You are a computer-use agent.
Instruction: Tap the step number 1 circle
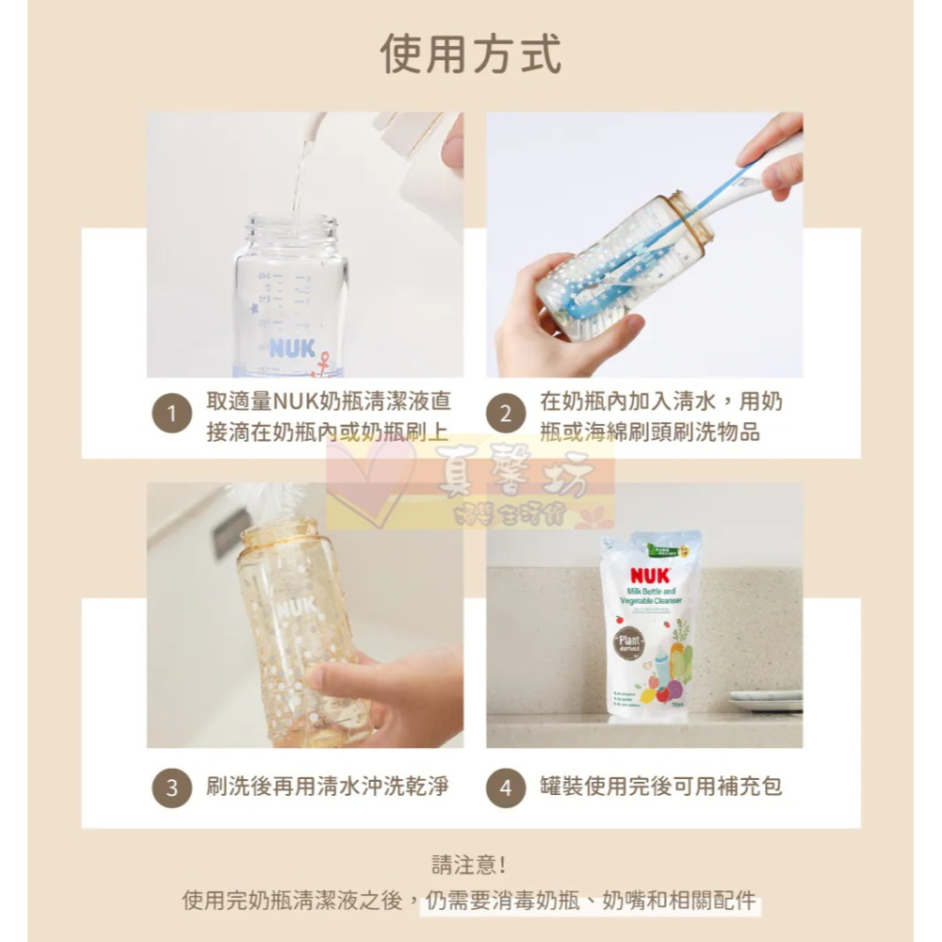[x=171, y=415]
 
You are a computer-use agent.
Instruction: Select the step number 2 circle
[x=505, y=415]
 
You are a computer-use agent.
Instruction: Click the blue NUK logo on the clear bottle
[x=291, y=348]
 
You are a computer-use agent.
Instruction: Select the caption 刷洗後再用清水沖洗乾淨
[x=327, y=786]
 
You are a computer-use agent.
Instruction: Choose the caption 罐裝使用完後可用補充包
[x=661, y=786]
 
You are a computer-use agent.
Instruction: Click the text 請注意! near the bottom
[x=469, y=865]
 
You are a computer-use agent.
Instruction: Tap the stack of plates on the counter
[x=765, y=701]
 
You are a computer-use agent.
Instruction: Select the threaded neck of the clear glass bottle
[x=293, y=230]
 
